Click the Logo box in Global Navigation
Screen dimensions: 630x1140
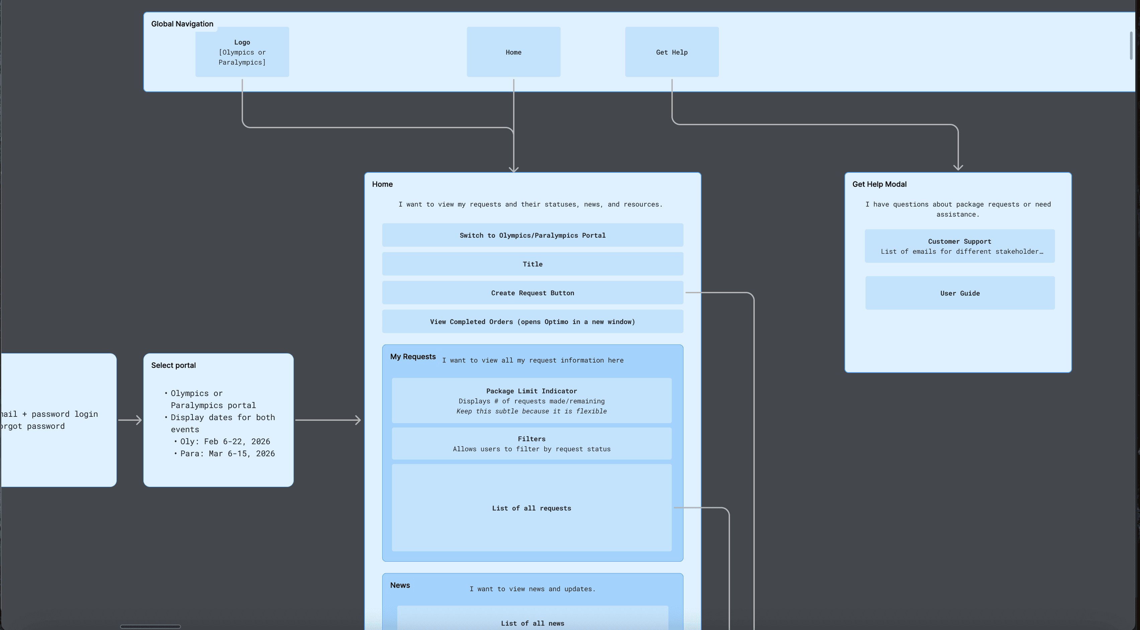[242, 52]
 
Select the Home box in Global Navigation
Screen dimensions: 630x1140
[513, 52]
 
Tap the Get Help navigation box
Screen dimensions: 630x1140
[671, 52]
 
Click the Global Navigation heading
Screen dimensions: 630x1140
[182, 24]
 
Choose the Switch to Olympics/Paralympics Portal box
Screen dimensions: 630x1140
[533, 235]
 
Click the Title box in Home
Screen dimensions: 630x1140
[533, 264]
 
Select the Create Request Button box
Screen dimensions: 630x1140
[533, 293]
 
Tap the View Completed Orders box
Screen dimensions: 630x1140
[533, 321]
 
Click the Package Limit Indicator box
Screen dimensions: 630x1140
[531, 400]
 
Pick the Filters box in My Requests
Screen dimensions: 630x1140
[531, 443]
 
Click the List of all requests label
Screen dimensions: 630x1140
[531, 508]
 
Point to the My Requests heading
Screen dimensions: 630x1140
[412, 357]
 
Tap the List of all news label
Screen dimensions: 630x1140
[533, 623]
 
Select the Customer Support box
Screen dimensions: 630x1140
[960, 246]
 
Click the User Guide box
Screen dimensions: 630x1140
[960, 293]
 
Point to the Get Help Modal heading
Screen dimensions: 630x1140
[879, 184]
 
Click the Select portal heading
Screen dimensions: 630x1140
[173, 365]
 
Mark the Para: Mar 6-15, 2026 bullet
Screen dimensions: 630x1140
[227, 453]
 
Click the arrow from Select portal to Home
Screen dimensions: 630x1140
[327, 420]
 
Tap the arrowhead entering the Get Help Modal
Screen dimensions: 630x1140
[958, 167]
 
